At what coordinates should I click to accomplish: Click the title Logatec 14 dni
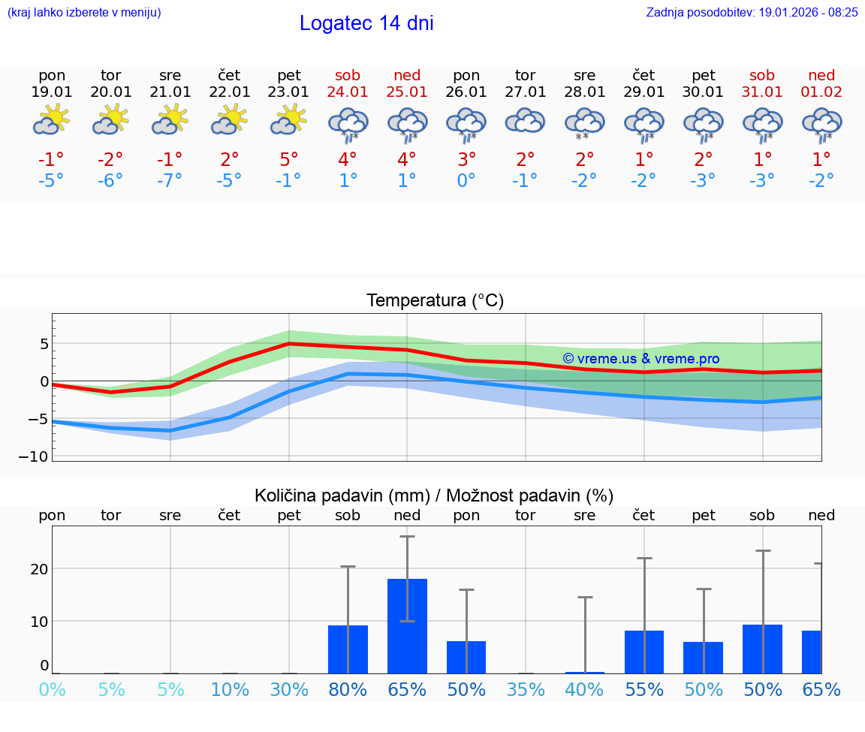366,23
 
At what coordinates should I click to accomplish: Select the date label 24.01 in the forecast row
348,92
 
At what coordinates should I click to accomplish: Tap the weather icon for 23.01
289,120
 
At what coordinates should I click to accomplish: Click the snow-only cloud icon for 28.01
584,124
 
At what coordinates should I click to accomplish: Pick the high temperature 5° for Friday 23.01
289,159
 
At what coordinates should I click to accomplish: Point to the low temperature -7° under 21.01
170,181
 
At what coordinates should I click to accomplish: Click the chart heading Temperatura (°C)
435,301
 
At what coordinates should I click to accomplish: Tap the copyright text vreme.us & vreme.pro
640,359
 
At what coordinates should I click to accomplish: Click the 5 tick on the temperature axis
44,344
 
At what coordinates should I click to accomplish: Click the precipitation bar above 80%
348,649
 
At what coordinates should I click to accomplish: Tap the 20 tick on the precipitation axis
39,568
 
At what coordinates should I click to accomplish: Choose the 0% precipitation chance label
52,689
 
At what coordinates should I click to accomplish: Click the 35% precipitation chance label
525,689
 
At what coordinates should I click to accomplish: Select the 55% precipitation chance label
644,689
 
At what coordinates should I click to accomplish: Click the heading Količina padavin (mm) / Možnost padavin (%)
434,496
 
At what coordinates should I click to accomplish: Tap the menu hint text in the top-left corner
84,12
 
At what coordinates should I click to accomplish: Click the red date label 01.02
821,92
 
